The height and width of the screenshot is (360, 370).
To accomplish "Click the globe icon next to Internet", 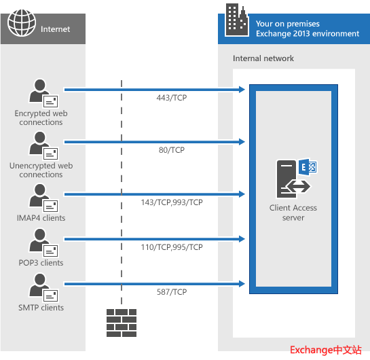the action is click(22, 23).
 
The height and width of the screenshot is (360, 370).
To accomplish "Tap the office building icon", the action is click(237, 20).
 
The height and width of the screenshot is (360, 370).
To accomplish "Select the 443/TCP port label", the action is click(172, 98).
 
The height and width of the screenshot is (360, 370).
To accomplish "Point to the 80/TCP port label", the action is click(172, 150).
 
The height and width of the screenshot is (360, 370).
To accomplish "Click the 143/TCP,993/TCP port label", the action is click(172, 202).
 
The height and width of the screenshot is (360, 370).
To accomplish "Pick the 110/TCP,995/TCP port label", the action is click(172, 247).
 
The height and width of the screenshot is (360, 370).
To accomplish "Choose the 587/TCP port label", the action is click(172, 292).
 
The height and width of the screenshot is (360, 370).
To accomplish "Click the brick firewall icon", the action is click(122, 323).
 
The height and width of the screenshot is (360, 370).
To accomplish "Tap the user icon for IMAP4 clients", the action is click(43, 198).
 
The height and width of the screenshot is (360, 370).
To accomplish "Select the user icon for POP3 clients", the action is click(43, 243).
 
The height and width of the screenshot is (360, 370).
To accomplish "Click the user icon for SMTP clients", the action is click(43, 288).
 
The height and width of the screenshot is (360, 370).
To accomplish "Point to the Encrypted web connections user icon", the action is click(43, 93).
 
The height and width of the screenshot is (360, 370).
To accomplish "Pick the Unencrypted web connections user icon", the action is click(43, 145).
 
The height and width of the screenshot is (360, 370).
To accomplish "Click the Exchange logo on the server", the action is click(308, 167).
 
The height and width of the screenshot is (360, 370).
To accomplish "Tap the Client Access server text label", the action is click(293, 213).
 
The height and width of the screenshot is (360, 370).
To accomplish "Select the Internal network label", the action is click(263, 58).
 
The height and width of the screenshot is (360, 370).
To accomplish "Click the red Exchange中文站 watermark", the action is click(326, 350).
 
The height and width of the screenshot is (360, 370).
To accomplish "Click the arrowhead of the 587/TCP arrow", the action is click(242, 284).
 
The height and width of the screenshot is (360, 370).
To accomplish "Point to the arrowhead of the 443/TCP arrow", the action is click(242, 90).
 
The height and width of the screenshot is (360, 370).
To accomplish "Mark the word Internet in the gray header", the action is click(55, 29).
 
